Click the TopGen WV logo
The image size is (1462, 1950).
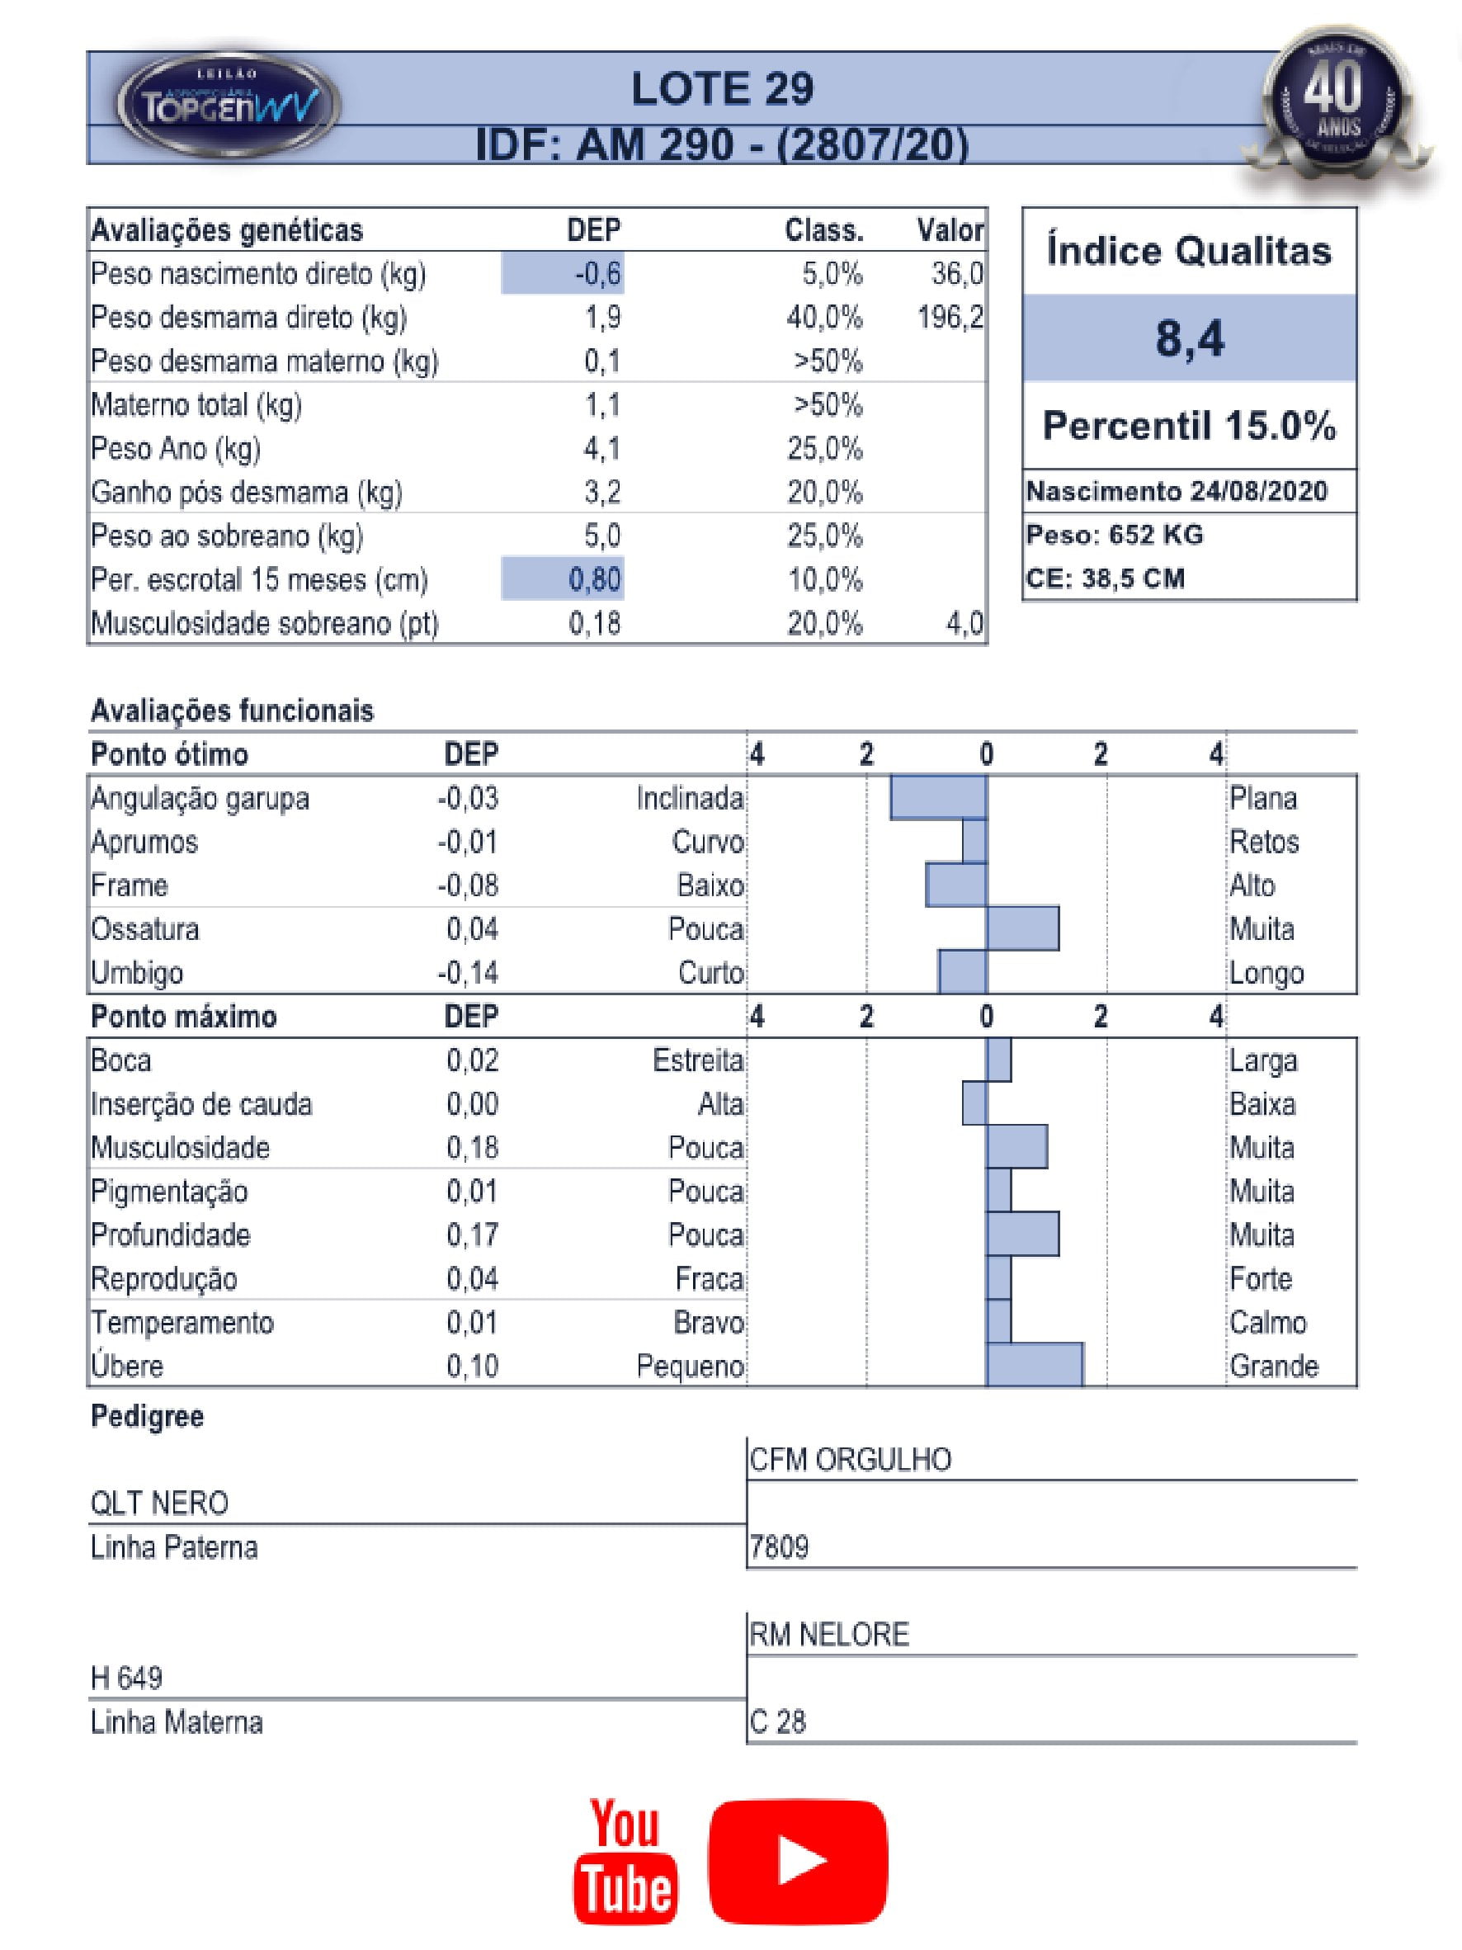tap(229, 105)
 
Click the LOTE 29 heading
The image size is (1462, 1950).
tap(722, 89)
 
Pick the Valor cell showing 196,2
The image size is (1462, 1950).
tap(950, 318)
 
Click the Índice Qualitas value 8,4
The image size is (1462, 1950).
tap(1189, 338)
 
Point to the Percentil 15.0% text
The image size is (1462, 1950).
tap(1189, 426)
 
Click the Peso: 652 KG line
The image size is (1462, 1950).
tap(1114, 535)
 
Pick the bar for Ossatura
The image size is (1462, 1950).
tap(1022, 929)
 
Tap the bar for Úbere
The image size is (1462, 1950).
tap(1034, 1366)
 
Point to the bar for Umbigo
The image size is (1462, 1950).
tap(962, 972)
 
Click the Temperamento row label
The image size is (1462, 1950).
tap(182, 1322)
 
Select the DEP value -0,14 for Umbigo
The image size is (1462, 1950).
tap(468, 973)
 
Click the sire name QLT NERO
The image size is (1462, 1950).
tap(159, 1503)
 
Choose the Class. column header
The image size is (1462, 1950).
tap(824, 231)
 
